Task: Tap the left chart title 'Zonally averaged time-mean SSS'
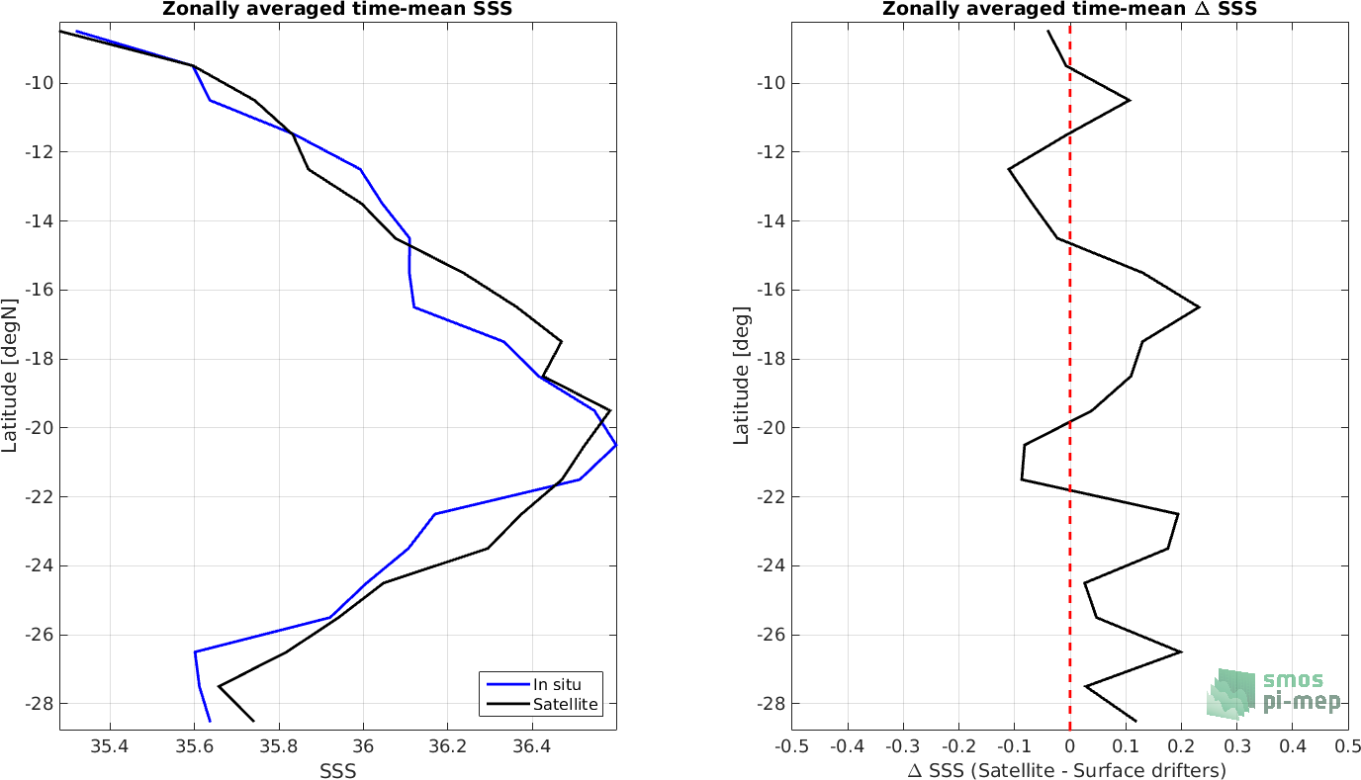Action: click(x=337, y=9)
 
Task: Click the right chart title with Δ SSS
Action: click(x=1069, y=9)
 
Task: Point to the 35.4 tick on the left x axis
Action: click(x=110, y=746)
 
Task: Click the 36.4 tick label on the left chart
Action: click(x=532, y=746)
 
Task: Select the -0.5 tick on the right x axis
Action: click(x=791, y=746)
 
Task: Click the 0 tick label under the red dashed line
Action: click(x=1070, y=746)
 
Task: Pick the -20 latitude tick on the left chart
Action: click(x=39, y=428)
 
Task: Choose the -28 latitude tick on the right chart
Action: click(x=771, y=704)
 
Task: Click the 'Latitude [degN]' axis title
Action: click(x=9, y=375)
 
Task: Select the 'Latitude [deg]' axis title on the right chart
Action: click(x=741, y=375)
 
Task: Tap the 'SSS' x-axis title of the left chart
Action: click(x=338, y=771)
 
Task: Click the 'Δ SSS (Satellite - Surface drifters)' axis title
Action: click(x=1067, y=771)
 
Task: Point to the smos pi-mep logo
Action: click(x=1274, y=694)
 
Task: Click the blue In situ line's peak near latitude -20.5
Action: click(x=616, y=445)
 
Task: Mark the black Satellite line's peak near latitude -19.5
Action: click(x=609, y=410)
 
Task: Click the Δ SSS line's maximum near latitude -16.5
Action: click(x=1199, y=307)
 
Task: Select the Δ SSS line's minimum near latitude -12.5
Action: click(x=1009, y=169)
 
